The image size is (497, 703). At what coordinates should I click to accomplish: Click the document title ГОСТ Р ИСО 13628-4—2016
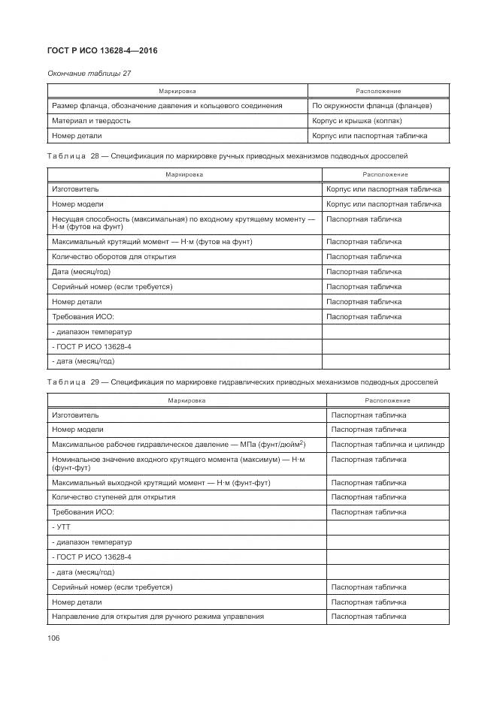click(102, 50)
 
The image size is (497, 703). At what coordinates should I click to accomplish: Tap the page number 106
click(53, 638)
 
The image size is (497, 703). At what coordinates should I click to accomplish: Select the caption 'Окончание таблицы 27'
click(84, 73)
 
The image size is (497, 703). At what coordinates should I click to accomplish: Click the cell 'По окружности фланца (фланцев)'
click(371, 106)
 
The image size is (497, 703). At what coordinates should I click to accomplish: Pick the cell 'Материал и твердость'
click(91, 120)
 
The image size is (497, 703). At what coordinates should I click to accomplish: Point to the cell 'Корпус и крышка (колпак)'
click(357, 120)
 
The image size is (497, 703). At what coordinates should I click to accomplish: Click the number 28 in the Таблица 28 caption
click(95, 155)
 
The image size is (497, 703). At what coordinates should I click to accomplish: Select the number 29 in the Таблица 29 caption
click(95, 382)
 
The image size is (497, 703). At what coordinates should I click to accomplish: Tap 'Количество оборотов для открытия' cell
click(114, 257)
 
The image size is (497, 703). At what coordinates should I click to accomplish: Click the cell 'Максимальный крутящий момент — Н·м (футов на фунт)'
click(152, 242)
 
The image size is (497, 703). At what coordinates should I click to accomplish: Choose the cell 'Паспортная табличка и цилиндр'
click(387, 445)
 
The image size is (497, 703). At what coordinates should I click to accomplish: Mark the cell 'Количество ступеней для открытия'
click(114, 497)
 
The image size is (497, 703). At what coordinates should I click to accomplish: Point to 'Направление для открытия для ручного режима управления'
click(158, 617)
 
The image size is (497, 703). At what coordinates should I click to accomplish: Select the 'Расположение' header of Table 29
click(387, 400)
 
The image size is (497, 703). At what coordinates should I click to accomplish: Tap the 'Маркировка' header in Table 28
click(184, 174)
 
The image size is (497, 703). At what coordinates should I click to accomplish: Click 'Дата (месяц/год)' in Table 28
click(83, 272)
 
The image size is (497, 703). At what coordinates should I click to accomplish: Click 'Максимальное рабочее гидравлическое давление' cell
click(178, 445)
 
